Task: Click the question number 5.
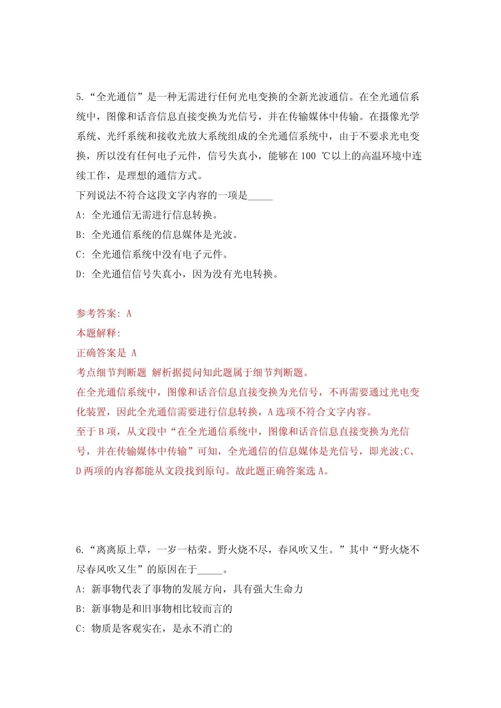pos(79,97)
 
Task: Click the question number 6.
pos(79,550)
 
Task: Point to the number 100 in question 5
pos(308,156)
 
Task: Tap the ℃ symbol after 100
pos(326,156)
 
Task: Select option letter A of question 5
pos(79,215)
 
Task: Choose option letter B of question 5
pos(79,235)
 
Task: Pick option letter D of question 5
pos(79,274)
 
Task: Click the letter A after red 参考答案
pos(129,314)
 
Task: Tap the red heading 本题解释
pos(97,333)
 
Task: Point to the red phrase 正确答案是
pos(101,353)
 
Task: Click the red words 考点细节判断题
pos(112,372)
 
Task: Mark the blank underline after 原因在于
pos(210,570)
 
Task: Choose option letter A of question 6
pos(79,589)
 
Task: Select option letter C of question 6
pos(79,628)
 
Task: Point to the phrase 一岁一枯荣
pos(182,550)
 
